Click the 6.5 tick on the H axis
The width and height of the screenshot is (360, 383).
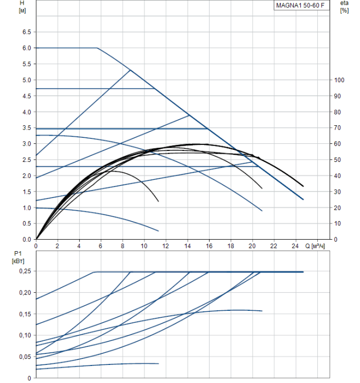coord(26,32)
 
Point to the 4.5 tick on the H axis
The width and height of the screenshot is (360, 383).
coord(26,96)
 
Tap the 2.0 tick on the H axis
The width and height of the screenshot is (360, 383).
coord(26,176)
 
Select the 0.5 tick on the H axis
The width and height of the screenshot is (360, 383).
coord(26,224)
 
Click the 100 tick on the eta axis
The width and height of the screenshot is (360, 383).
coord(340,80)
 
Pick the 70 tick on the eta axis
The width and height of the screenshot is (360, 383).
coord(338,128)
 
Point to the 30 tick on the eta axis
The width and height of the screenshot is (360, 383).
coord(338,192)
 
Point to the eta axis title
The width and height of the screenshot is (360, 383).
coord(344,3)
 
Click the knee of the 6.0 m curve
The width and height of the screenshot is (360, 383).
coord(97,48)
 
